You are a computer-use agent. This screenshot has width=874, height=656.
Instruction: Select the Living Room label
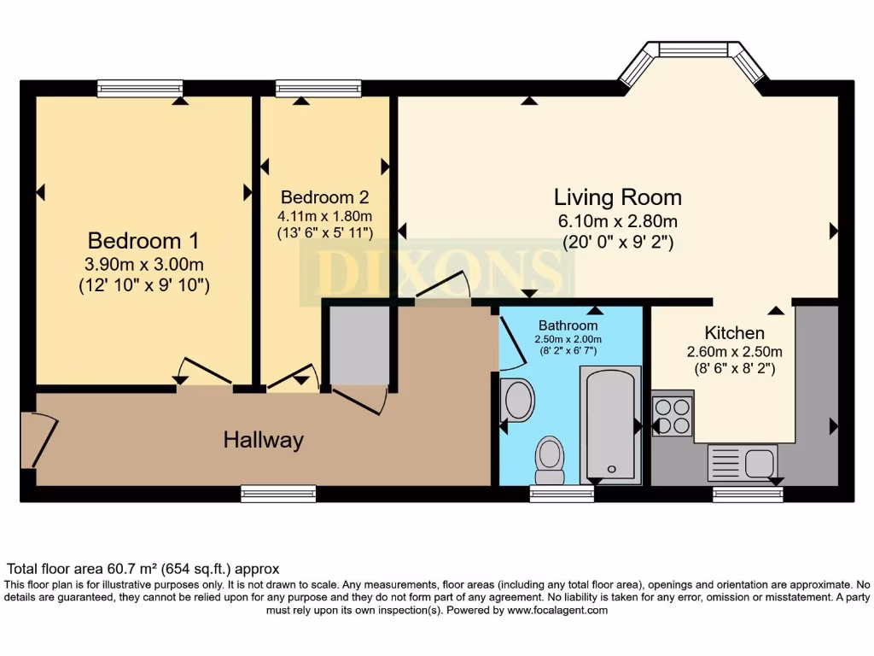pyautogui.click(x=617, y=197)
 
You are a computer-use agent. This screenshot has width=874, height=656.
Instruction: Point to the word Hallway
pyautogui.click(x=263, y=441)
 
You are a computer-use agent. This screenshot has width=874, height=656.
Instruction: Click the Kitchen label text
pyautogui.click(x=734, y=332)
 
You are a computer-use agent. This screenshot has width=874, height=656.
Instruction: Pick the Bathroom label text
pyautogui.click(x=568, y=325)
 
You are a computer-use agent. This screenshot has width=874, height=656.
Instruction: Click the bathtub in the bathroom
pyautogui.click(x=610, y=425)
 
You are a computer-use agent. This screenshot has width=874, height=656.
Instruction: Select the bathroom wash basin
pyautogui.click(x=517, y=400)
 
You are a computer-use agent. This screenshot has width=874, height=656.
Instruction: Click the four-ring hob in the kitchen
pyautogui.click(x=672, y=416)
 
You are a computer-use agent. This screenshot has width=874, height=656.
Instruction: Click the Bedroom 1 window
pyautogui.click(x=140, y=88)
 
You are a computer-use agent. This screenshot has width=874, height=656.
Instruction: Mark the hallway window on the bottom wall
pyautogui.click(x=278, y=494)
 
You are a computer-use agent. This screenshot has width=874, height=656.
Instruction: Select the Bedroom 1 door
pyautogui.click(x=203, y=372)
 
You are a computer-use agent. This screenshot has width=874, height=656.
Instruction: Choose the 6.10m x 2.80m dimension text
pyautogui.click(x=617, y=221)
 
